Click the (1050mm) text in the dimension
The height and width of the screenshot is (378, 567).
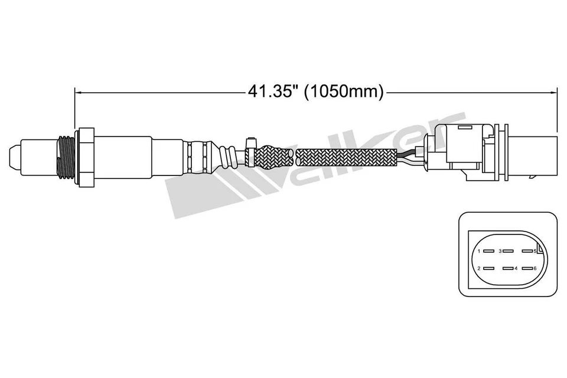(x=344, y=92)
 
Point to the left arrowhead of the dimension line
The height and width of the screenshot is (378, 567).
(x=77, y=92)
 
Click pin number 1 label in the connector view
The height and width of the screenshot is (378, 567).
(x=479, y=252)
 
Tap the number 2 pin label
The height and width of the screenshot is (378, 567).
(x=479, y=269)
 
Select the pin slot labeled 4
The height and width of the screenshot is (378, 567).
(x=507, y=269)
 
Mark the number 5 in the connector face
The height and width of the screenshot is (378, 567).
(x=534, y=252)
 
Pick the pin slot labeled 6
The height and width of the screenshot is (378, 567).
(x=527, y=269)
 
